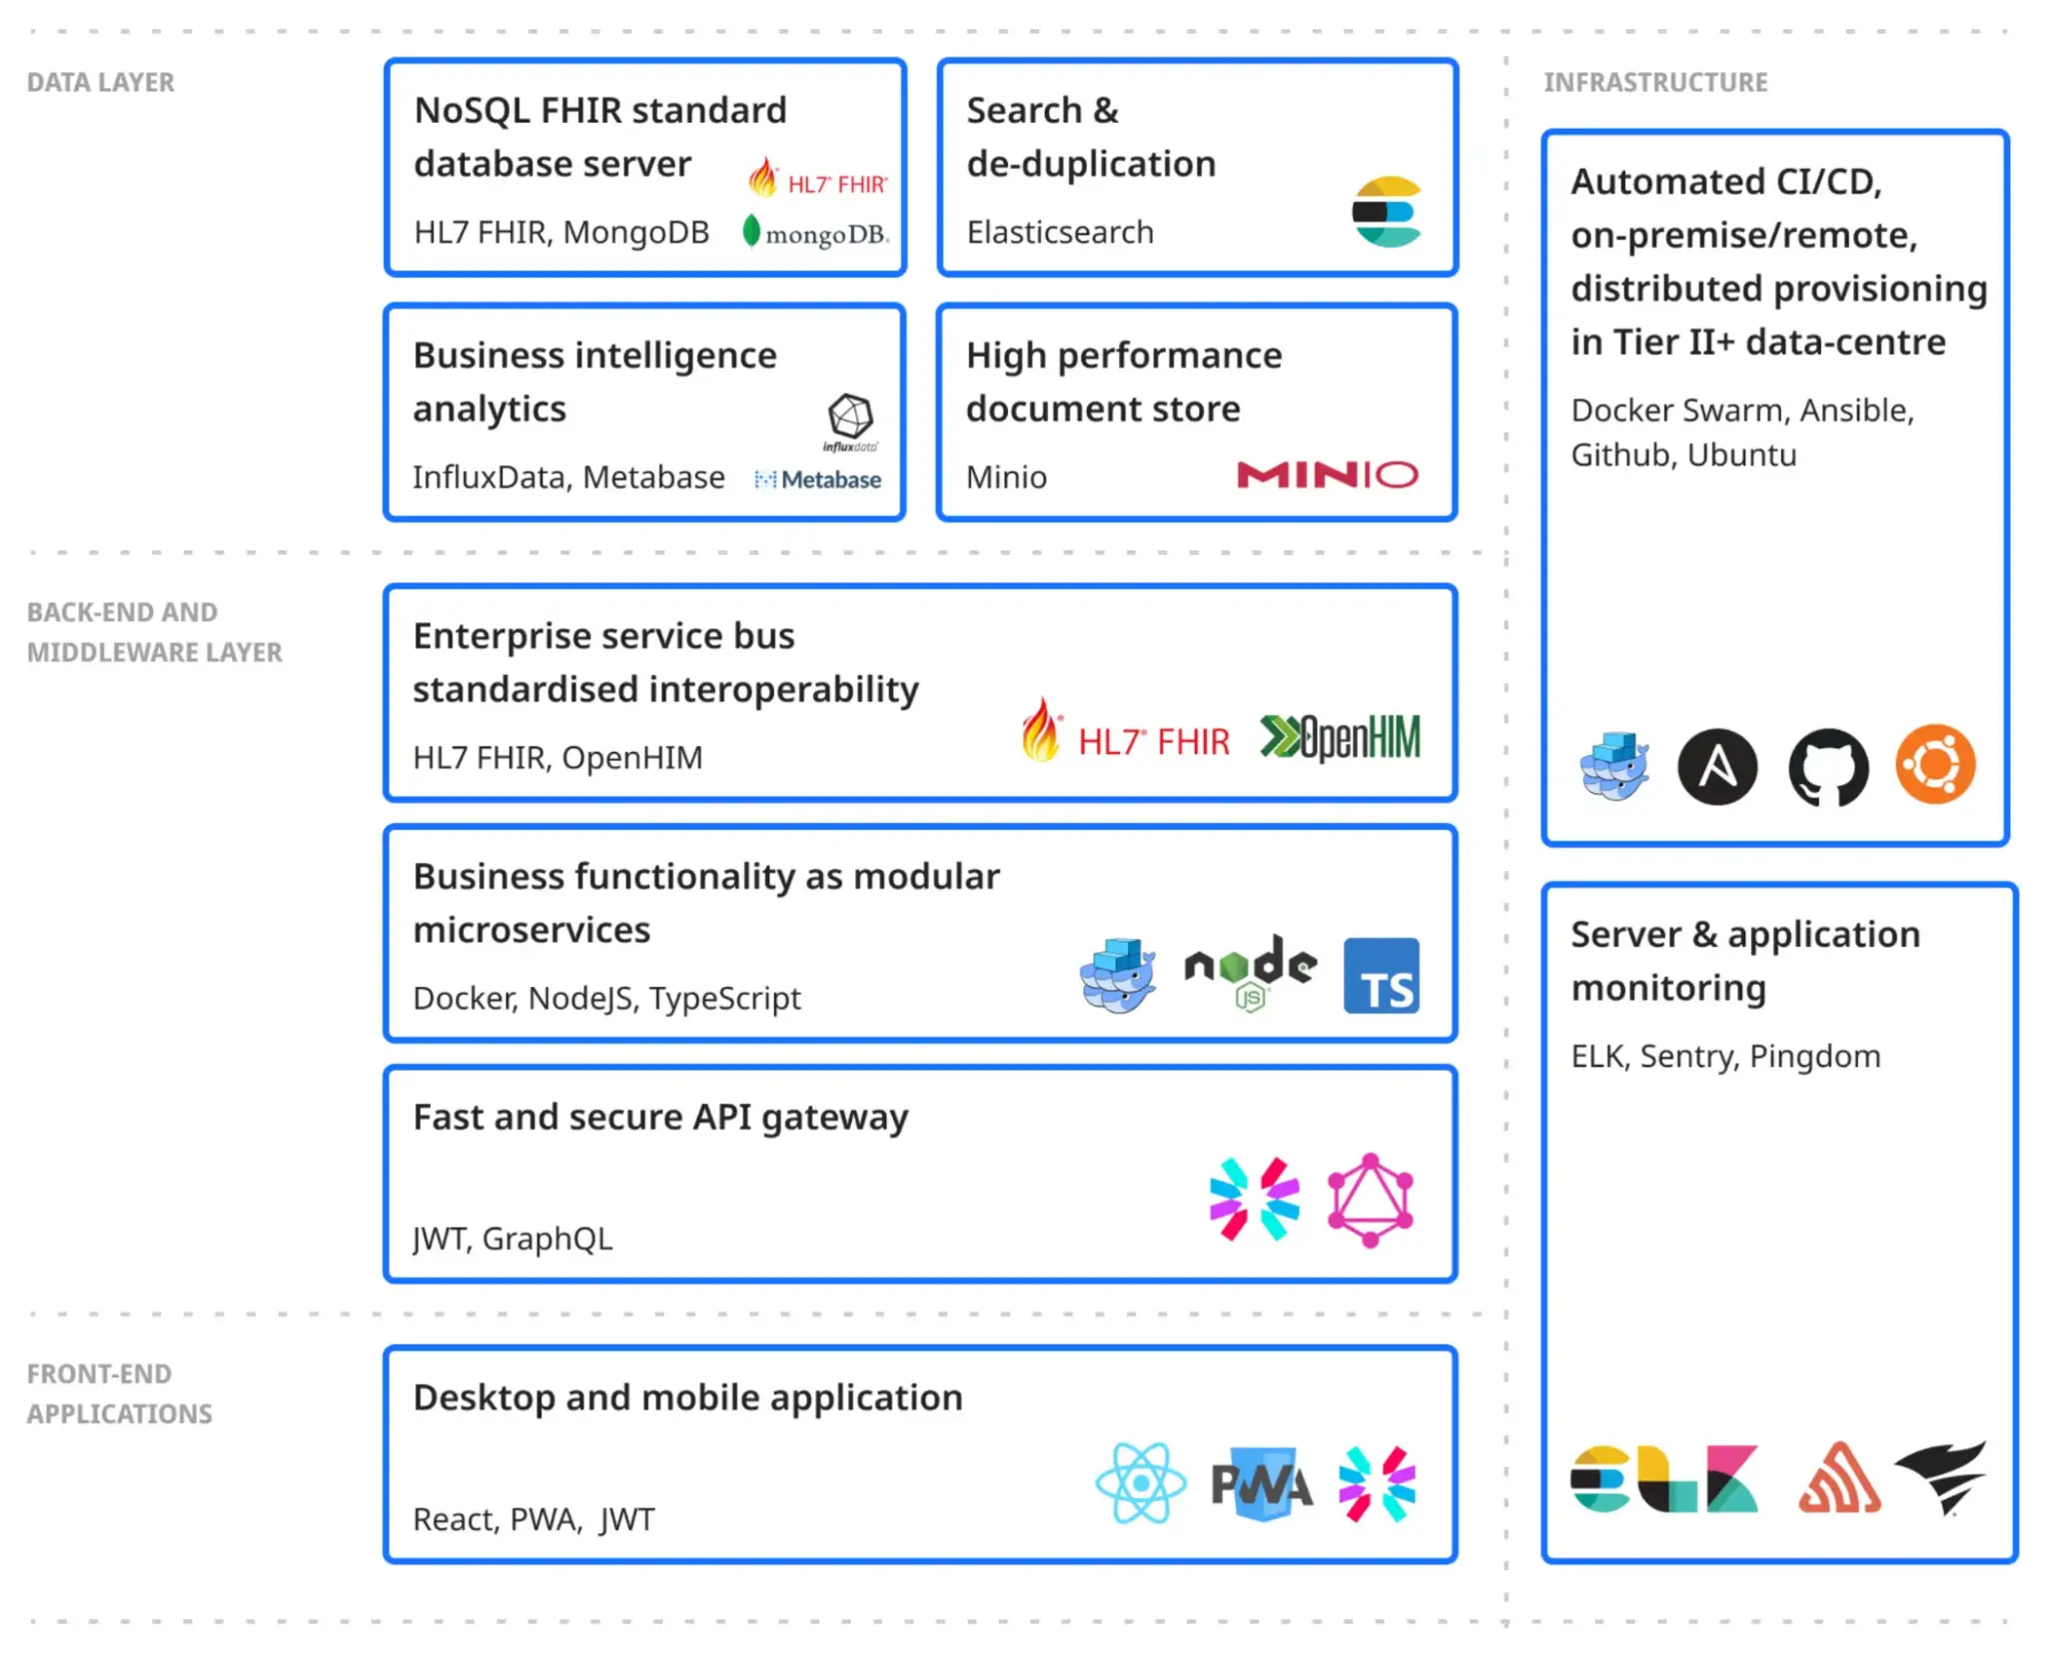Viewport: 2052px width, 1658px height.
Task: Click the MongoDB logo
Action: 815,233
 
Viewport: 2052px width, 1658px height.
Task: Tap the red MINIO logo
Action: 1327,474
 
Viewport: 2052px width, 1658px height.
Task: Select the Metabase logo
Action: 818,479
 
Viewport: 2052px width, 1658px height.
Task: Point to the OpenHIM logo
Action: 1340,738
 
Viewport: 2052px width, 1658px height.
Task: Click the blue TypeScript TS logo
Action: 1381,976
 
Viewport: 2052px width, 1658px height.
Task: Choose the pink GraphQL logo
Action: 1371,1201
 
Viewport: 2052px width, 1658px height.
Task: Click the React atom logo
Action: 1141,1483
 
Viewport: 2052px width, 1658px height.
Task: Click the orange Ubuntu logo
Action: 1935,765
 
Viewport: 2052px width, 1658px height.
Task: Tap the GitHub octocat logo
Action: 1827,767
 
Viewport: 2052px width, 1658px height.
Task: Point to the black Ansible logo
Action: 1717,767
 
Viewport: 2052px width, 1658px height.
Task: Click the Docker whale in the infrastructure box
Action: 1614,766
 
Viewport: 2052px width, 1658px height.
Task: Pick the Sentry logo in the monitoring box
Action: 1839,1479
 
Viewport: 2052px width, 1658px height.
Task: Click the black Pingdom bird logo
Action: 1942,1477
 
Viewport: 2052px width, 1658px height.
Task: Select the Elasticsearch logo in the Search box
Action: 1387,212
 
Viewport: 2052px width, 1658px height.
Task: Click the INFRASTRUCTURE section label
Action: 1655,83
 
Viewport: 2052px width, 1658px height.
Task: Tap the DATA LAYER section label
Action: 101,83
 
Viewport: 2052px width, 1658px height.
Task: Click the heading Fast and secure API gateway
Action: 660,1118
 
